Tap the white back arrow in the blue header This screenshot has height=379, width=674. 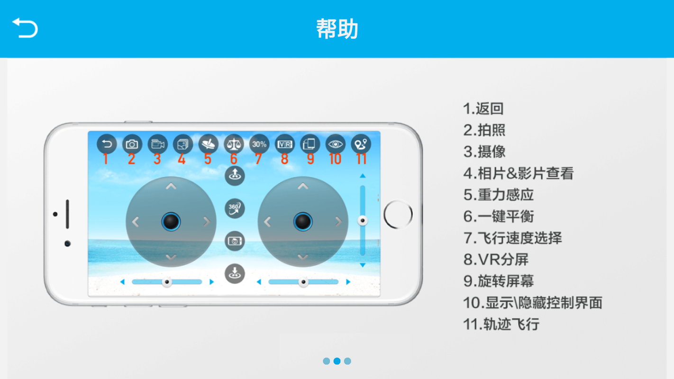pyautogui.click(x=25, y=27)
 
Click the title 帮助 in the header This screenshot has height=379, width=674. pyautogui.click(x=337, y=29)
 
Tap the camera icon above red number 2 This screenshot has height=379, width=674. pyautogui.click(x=132, y=144)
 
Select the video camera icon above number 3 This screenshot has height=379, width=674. pyautogui.click(x=157, y=144)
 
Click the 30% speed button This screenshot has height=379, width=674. pyautogui.click(x=259, y=144)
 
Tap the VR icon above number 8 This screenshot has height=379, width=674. pyautogui.click(x=285, y=144)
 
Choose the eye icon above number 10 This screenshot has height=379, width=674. pyautogui.click(x=336, y=144)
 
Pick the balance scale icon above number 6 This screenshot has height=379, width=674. pyautogui.click(x=234, y=144)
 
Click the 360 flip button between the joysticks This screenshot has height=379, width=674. pyautogui.click(x=235, y=208)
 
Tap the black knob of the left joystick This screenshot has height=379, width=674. pyautogui.click(x=171, y=222)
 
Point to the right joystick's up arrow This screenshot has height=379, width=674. pyautogui.click(x=303, y=187)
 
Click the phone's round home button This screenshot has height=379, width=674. pyautogui.click(x=398, y=215)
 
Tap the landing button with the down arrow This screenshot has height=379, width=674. pyautogui.click(x=235, y=273)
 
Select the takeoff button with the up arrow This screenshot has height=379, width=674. pyautogui.click(x=235, y=176)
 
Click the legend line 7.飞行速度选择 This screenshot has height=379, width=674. pyautogui.click(x=512, y=238)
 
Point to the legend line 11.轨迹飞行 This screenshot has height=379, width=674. pyautogui.click(x=501, y=324)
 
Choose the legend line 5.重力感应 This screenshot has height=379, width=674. pyautogui.click(x=499, y=195)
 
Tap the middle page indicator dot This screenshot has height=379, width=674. pyautogui.click(x=337, y=361)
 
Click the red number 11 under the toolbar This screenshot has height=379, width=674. pyautogui.click(x=361, y=159)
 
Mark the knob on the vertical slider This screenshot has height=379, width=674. pyautogui.click(x=363, y=220)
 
